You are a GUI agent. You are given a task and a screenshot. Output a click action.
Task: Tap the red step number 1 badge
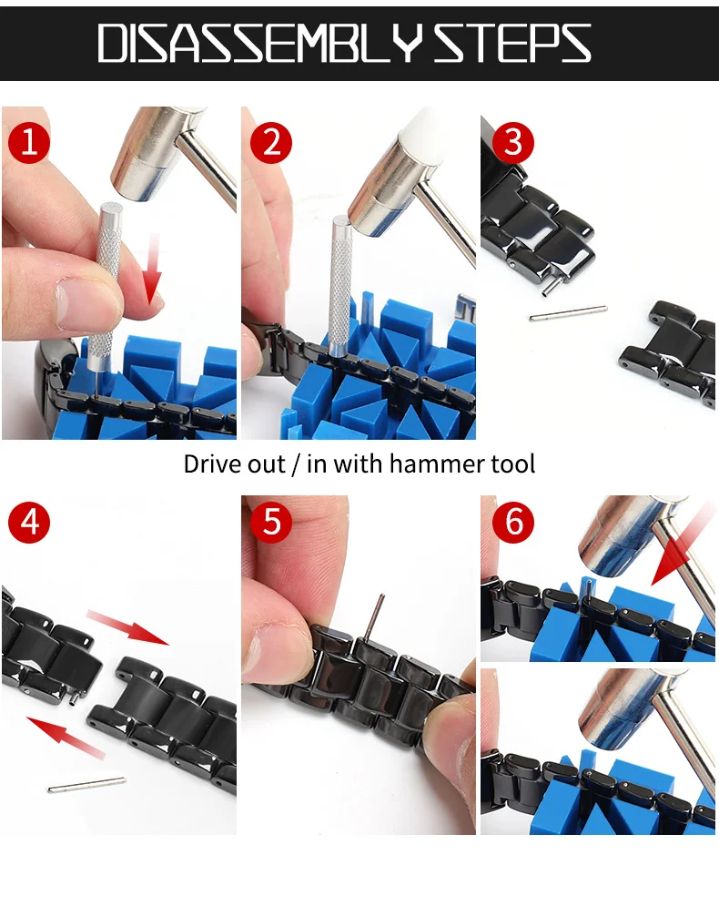pos(29,143)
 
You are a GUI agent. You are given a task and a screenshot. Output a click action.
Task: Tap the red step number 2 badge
pos(270,143)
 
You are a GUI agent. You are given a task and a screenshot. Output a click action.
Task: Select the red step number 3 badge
pos(512,143)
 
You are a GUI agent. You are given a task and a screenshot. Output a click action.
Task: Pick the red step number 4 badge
pos(29,523)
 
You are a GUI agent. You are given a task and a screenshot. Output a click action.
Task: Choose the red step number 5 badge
pos(270,523)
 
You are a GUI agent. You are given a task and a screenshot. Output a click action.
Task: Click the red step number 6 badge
pos(512,523)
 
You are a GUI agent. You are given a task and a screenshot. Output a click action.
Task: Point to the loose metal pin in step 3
pos(568,312)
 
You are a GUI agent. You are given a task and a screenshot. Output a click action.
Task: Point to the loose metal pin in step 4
pos(86,783)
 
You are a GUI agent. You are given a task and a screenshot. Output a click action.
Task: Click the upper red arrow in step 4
pos(127,627)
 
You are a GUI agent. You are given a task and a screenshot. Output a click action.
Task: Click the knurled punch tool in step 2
pos(339,282)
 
